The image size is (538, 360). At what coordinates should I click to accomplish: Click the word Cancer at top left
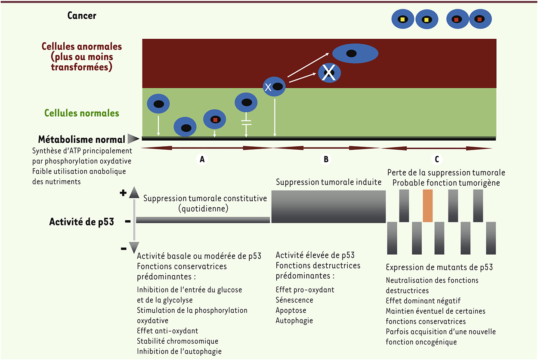coord(82,15)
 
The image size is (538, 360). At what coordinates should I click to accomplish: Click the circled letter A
coord(202,159)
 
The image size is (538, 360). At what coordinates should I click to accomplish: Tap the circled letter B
coord(326,159)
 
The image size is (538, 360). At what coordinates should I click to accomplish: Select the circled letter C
coord(437,159)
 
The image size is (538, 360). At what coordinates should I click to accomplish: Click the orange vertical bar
coord(428,206)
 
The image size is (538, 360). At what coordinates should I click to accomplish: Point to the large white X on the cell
coord(329,73)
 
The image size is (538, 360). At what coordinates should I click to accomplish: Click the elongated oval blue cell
coord(355,53)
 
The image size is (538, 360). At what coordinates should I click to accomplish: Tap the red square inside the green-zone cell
coord(215,120)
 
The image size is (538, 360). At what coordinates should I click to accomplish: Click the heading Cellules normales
coord(82,113)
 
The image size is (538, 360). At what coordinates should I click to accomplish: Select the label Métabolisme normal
coord(82,139)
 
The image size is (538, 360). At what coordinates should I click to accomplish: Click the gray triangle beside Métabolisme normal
coord(133,139)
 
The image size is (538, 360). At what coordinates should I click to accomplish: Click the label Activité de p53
coord(82,222)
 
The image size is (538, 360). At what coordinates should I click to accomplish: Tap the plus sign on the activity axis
coord(123,193)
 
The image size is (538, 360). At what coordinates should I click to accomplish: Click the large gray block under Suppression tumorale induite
coord(328,206)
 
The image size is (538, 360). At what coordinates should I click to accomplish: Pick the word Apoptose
coord(291,310)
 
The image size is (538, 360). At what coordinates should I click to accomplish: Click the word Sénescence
coord(294,300)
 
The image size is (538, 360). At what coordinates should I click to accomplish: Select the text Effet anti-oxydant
coord(168,331)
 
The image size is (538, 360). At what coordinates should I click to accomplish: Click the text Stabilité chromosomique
coord(178,341)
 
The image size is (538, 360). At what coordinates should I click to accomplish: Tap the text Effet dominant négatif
coord(423,301)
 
